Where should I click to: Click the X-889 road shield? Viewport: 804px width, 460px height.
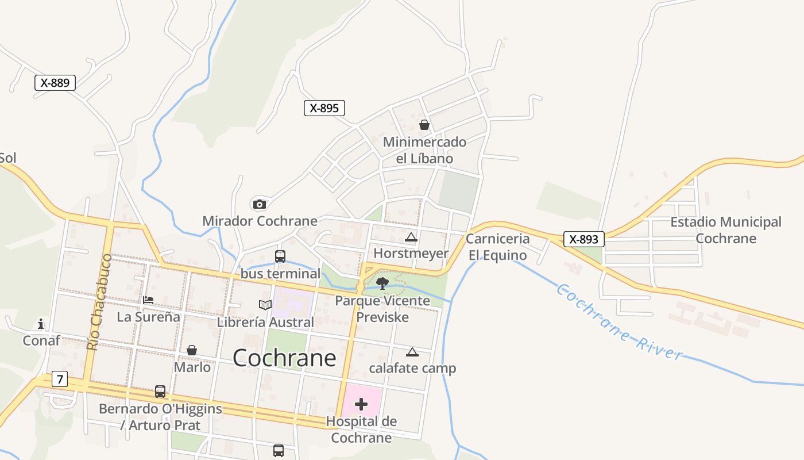tap(55, 83)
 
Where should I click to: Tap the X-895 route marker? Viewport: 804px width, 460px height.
tap(324, 108)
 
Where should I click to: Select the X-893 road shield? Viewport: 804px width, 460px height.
tap(584, 239)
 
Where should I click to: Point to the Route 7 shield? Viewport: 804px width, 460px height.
tap(59, 379)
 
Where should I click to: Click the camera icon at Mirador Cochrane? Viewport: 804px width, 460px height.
tap(260, 204)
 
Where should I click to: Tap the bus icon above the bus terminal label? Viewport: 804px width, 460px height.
tap(280, 256)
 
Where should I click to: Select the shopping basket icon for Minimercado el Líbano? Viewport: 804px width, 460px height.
tap(424, 125)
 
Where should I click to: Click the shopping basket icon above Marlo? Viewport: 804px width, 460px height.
tap(192, 350)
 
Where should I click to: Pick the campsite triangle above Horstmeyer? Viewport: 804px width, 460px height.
tap(411, 237)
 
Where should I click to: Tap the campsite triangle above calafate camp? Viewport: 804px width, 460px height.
tap(412, 352)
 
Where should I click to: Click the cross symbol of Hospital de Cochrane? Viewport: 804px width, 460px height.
tap(361, 404)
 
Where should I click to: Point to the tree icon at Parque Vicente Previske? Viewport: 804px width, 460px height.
tap(382, 283)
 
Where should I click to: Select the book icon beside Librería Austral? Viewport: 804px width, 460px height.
tap(265, 305)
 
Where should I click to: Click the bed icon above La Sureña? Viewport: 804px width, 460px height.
tap(148, 300)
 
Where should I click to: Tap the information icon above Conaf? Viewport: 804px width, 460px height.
tap(41, 324)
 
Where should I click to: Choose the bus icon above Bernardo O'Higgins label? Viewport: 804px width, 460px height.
tap(160, 392)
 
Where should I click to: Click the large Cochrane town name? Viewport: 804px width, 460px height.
tap(284, 358)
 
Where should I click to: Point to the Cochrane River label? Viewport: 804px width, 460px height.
tap(620, 322)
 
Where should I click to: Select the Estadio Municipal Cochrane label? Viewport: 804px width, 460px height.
tap(726, 230)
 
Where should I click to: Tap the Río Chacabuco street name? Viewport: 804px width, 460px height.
tap(95, 302)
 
